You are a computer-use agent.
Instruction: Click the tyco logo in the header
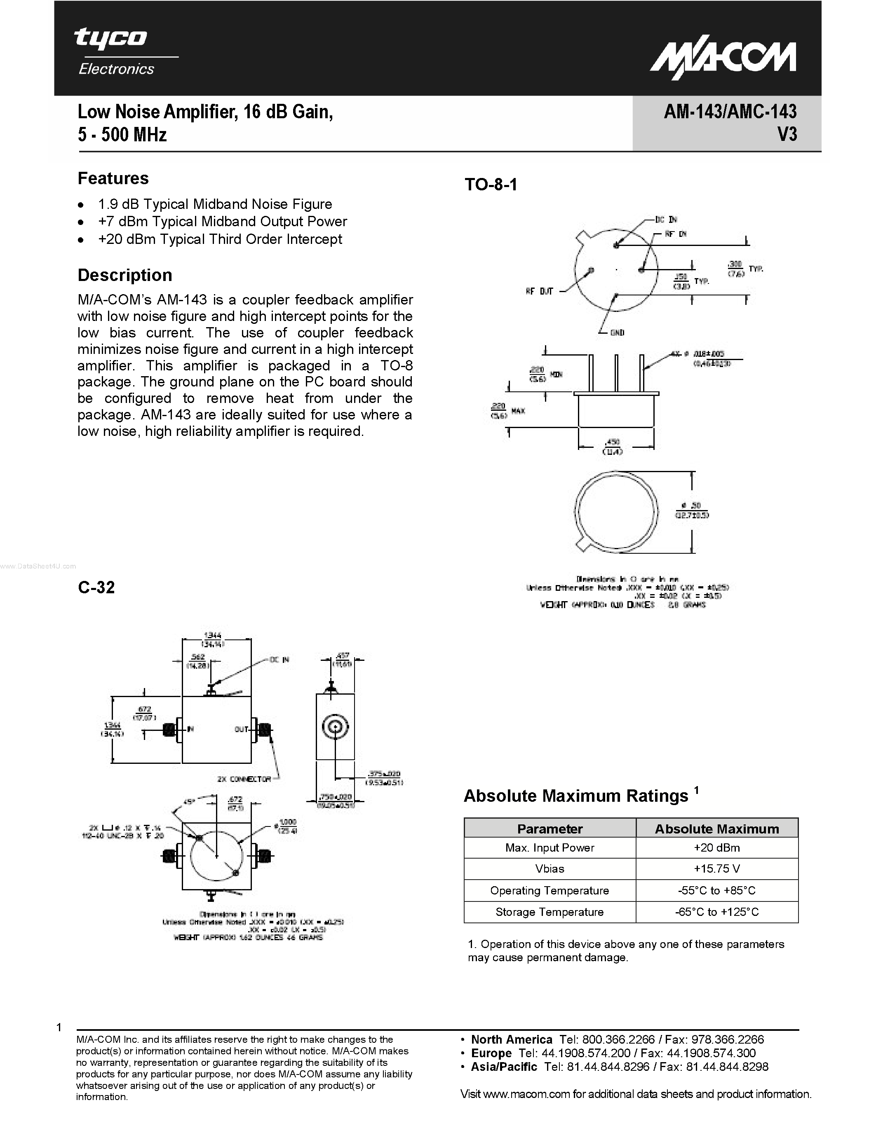point(110,38)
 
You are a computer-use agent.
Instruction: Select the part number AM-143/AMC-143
point(730,112)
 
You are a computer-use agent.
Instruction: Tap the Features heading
point(113,178)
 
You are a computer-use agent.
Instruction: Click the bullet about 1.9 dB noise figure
point(214,204)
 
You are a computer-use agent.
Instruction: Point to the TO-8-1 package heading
point(491,185)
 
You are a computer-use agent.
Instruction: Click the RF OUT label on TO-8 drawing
point(539,292)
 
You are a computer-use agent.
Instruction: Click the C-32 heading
point(96,587)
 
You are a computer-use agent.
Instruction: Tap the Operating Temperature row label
point(549,890)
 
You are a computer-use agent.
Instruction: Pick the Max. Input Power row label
point(549,847)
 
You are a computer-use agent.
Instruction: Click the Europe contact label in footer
point(491,1053)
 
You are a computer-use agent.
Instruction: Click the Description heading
point(124,275)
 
